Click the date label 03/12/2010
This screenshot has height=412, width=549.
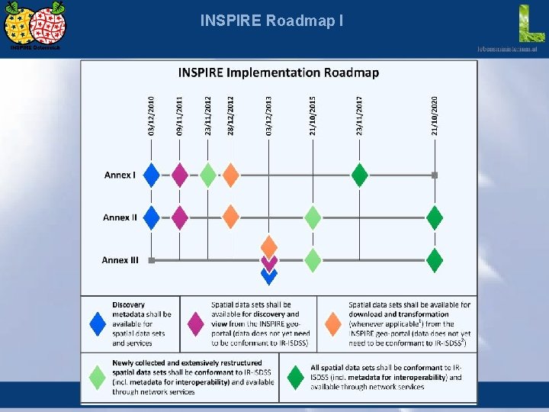[x=152, y=116]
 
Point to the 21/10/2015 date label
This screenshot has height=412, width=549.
[x=313, y=116]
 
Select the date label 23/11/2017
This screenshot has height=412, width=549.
[x=360, y=116]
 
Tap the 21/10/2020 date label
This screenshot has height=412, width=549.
[x=435, y=116]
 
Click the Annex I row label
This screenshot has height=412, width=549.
[x=120, y=175]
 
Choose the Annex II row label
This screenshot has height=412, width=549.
[x=120, y=217]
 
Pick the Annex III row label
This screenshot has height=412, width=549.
[x=120, y=260]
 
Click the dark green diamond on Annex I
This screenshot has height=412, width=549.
[x=360, y=175]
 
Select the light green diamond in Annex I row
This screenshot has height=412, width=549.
[x=208, y=175]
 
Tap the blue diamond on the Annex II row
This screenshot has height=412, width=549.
[x=152, y=217]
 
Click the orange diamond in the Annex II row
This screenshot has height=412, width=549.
[x=230, y=217]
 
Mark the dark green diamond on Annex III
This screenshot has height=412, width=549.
[x=435, y=260]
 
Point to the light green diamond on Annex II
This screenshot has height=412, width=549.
[x=313, y=217]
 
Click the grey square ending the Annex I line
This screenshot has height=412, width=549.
[x=435, y=175]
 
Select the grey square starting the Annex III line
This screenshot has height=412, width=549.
[x=152, y=260]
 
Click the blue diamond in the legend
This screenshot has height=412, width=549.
[x=98, y=323]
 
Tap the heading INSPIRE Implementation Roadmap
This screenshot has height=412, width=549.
[x=278, y=73]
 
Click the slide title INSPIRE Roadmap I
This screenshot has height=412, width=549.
[x=271, y=21]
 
